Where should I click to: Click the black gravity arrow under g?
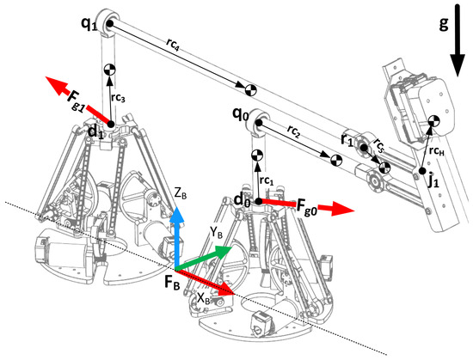tap(458, 40)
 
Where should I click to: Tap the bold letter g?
tap(444, 23)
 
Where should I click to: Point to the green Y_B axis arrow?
tap(203, 257)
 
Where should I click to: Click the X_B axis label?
tap(204, 298)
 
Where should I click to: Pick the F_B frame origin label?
tap(172, 284)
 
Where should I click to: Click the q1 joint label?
tap(89, 24)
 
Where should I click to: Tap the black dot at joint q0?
tap(259, 122)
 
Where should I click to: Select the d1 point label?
tap(95, 132)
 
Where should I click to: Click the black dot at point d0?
tap(259, 201)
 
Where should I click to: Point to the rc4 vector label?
tap(173, 46)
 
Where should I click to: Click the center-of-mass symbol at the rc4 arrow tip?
tap(250, 89)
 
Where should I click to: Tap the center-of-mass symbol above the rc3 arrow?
tap(109, 70)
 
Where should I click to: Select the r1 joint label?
tap(347, 139)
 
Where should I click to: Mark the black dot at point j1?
tap(421, 171)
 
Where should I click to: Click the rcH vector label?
tap(437, 151)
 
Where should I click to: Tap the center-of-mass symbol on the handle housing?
tap(434, 121)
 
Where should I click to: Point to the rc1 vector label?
tap(267, 180)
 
